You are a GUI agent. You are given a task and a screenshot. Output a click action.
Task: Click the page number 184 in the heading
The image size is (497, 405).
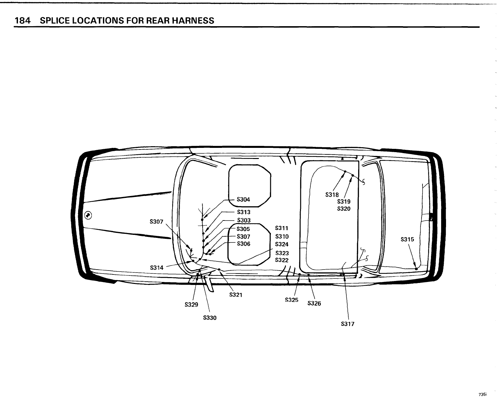[22, 21]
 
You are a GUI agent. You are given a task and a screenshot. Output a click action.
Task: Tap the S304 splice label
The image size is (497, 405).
[243, 200]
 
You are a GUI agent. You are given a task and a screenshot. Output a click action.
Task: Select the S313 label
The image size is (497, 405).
[243, 212]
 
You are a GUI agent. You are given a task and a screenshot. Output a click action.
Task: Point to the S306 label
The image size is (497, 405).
[243, 244]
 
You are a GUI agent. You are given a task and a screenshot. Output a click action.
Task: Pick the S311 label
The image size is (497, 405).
[282, 228]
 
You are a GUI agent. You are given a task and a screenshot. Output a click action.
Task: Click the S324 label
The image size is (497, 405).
[282, 244]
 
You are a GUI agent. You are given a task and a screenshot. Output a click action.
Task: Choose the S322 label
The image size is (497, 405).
[282, 260]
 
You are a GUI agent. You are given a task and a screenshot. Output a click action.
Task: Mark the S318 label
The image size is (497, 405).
[332, 195]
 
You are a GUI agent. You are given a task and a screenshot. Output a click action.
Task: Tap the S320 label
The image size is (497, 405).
[344, 209]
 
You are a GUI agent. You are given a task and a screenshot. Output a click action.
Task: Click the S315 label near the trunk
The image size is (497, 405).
[407, 239]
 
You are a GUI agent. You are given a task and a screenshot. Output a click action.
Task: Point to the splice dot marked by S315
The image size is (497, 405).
[416, 269]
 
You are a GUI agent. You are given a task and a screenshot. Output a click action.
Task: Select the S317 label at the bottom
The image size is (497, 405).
[347, 324]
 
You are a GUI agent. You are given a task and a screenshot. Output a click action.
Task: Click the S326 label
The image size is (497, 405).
[314, 304]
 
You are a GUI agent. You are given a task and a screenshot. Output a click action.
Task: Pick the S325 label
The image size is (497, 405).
[291, 299]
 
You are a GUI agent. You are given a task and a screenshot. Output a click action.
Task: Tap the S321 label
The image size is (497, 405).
[236, 294]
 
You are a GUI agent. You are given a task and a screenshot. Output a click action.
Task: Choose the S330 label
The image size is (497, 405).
[210, 318]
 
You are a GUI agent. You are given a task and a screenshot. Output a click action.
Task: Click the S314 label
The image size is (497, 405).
[157, 268]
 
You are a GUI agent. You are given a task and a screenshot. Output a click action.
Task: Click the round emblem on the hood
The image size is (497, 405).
[88, 215]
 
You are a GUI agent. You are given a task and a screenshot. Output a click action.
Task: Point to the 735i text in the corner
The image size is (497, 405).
[482, 395]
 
